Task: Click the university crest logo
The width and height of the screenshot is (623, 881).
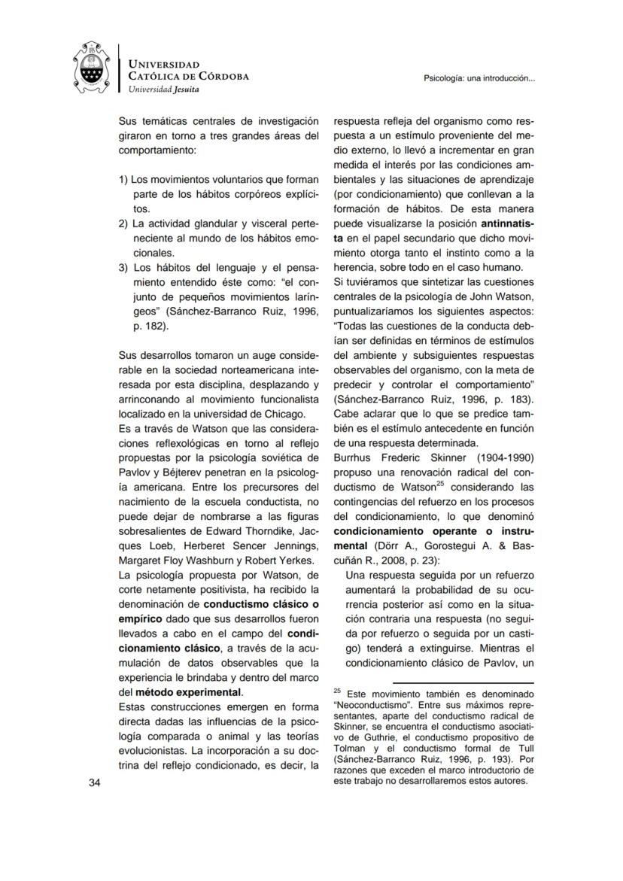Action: click(x=93, y=68)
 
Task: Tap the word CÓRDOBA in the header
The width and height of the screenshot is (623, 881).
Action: click(x=221, y=76)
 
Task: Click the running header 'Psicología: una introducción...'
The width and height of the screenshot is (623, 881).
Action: click(x=479, y=77)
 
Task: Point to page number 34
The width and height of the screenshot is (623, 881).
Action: click(x=95, y=783)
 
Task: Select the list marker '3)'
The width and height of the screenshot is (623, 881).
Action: click(x=125, y=268)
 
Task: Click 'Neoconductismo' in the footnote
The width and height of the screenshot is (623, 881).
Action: click(x=369, y=707)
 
